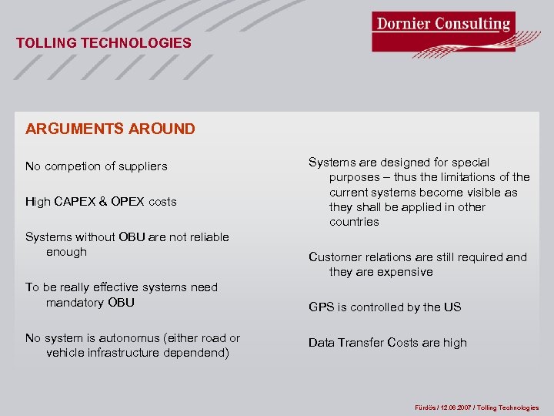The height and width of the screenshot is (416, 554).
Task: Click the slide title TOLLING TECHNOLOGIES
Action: [x=103, y=43]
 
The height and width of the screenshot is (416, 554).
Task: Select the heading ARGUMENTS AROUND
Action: [x=110, y=129]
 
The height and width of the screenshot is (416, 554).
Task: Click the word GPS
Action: [x=321, y=307]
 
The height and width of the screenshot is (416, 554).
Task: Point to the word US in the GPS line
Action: [x=452, y=307]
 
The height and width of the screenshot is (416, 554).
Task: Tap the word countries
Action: [x=354, y=222]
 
